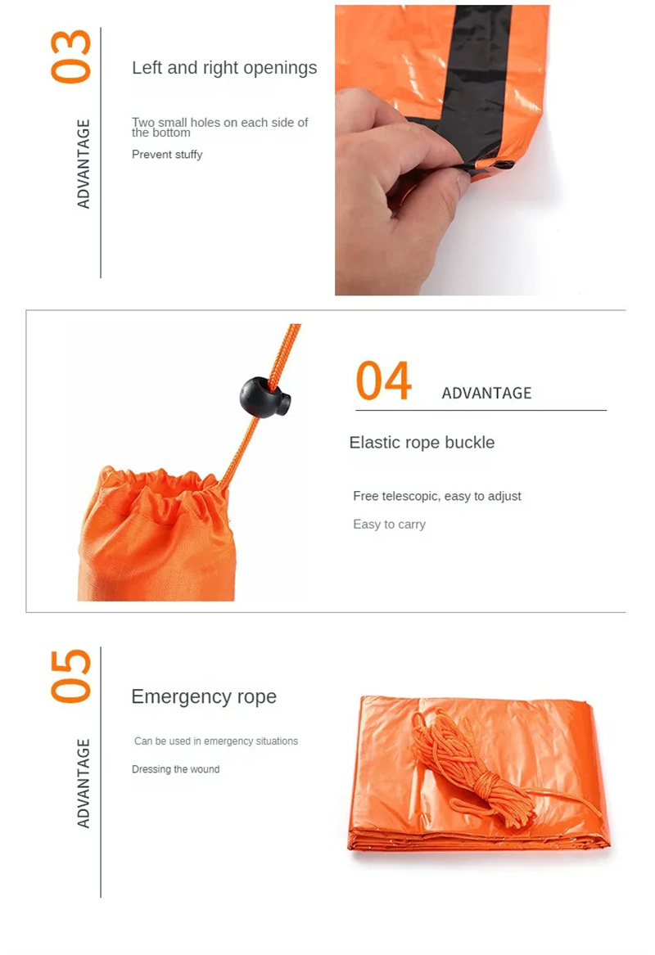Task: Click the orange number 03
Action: (x=71, y=56)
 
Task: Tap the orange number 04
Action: (x=383, y=381)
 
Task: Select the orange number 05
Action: (x=71, y=675)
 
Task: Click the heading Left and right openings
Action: (x=224, y=68)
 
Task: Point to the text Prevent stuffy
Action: (x=167, y=155)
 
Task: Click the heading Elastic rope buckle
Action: (x=422, y=443)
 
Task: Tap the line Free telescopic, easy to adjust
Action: (x=436, y=496)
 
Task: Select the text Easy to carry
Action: (x=389, y=525)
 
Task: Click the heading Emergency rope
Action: (x=204, y=696)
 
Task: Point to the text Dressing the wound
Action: (x=175, y=769)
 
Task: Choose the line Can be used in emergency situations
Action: (x=216, y=741)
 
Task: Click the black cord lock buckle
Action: (x=264, y=397)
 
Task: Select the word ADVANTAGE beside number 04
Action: (x=486, y=394)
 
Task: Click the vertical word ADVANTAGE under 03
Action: (x=84, y=164)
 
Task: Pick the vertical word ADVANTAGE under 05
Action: (x=84, y=783)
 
